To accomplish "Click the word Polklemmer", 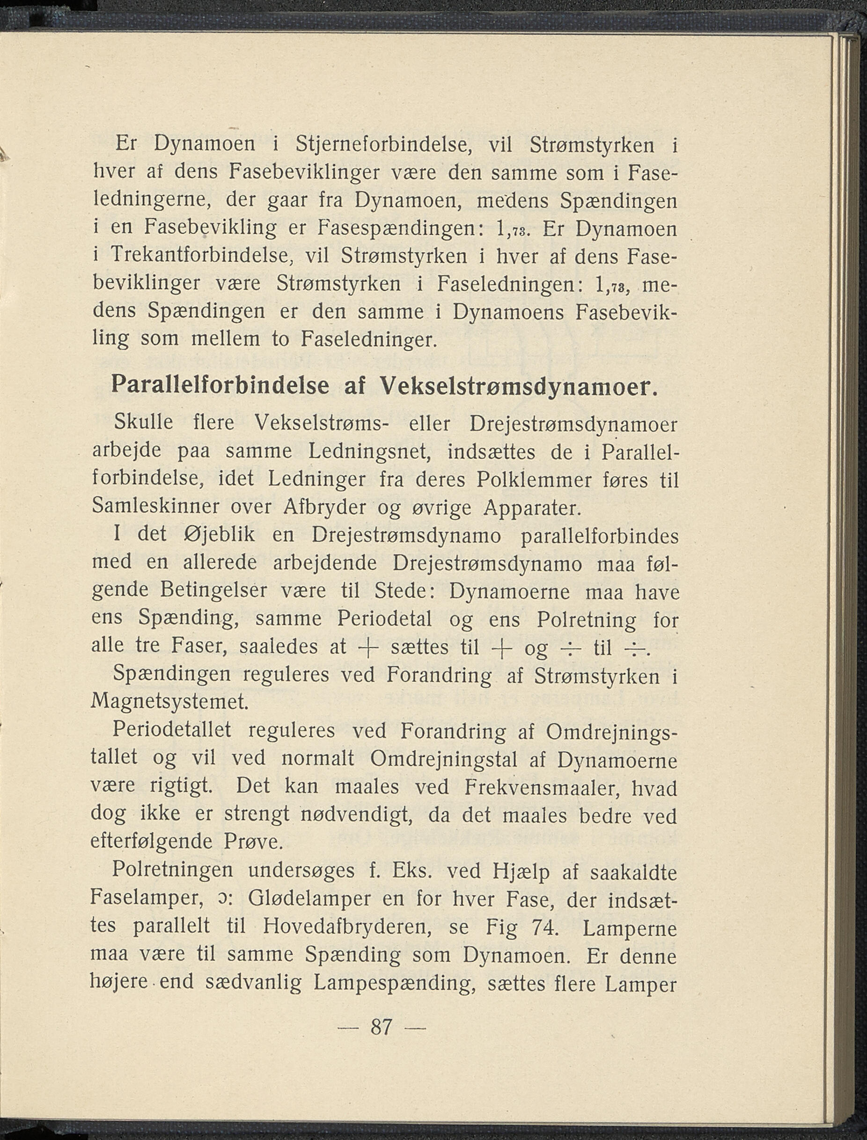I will [534, 480].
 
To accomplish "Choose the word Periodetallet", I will [172, 731].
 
